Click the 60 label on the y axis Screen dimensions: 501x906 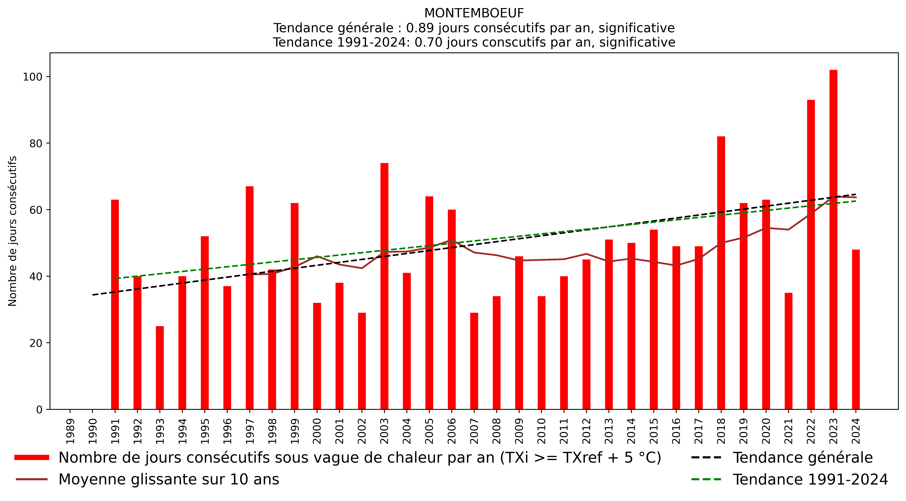tap(36, 210)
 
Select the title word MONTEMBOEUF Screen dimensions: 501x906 tap(474, 13)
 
